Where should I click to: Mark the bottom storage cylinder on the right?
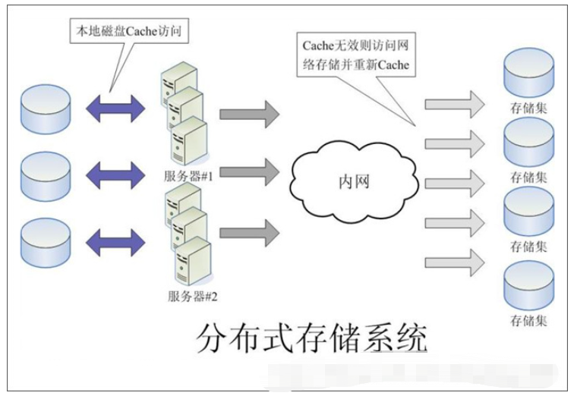pyautogui.click(x=529, y=285)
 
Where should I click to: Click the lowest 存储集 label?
pyautogui.click(x=529, y=318)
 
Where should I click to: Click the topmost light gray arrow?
pyautogui.click(x=454, y=103)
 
